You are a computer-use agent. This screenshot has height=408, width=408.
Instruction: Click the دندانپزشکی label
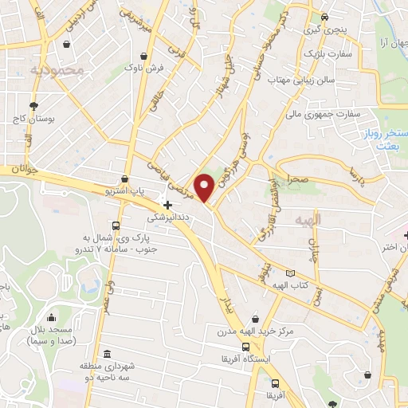169,216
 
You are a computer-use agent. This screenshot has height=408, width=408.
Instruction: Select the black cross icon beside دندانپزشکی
167,205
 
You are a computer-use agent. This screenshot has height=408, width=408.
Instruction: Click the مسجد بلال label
51,329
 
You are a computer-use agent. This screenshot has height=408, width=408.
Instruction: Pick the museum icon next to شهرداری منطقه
108,354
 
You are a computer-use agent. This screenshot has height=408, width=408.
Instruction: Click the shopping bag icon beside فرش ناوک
143,57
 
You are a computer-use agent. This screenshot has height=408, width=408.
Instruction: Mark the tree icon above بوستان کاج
33,105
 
